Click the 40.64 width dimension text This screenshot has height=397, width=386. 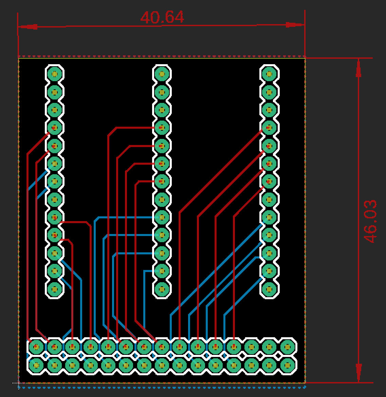click(x=162, y=17)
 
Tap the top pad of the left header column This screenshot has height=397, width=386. click(x=55, y=74)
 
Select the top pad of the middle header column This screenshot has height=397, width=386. click(x=162, y=74)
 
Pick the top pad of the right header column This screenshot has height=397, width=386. click(x=269, y=74)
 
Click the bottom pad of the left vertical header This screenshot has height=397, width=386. click(x=55, y=289)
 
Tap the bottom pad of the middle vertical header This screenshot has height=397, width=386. click(x=162, y=289)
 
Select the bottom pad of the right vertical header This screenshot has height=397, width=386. click(x=269, y=289)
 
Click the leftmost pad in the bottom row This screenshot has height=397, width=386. click(x=36, y=365)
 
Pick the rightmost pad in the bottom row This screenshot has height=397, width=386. click(x=288, y=365)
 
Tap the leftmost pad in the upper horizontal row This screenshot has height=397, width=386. click(x=36, y=347)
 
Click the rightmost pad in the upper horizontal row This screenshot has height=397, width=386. click(x=288, y=347)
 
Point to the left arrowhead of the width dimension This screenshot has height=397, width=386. click(x=28, y=26)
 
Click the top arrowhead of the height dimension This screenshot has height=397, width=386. click(x=359, y=68)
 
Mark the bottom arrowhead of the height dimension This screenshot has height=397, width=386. click(x=359, y=373)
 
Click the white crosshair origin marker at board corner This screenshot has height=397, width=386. click(x=18, y=383)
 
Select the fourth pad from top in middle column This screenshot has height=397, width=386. click(x=162, y=128)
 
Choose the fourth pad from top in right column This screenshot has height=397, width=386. click(x=269, y=128)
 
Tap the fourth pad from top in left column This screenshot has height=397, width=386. click(x=55, y=128)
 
